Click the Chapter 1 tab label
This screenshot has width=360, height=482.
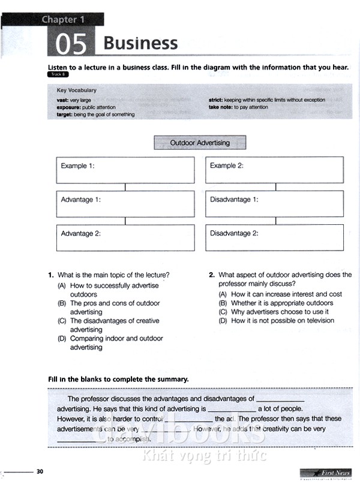63,19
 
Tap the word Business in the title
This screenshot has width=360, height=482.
140,43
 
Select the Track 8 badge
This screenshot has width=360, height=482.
58,74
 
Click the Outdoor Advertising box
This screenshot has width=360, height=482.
200,143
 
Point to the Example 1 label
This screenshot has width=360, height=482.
77,165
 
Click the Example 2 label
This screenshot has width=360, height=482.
227,165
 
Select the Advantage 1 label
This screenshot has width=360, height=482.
81,200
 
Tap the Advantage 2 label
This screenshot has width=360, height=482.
81,233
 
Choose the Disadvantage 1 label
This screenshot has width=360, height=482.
234,200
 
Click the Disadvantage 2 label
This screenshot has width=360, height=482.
234,233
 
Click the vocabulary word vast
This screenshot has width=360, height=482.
62,100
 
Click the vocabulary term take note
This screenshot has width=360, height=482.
221,107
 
